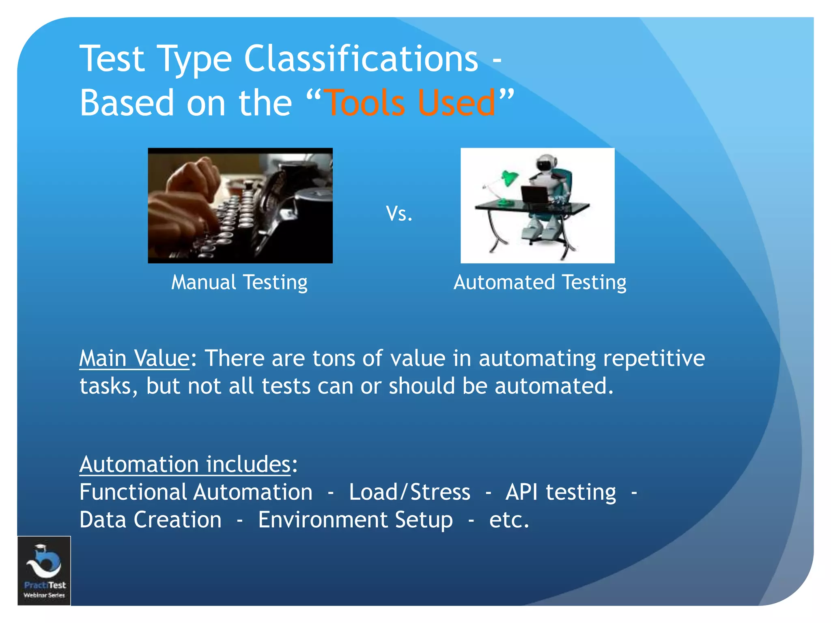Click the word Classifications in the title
(x=361, y=59)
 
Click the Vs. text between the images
(x=399, y=214)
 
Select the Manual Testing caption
(x=239, y=283)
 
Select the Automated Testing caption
(x=540, y=283)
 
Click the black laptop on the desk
(x=535, y=195)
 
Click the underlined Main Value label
(x=134, y=359)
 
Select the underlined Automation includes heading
(x=185, y=464)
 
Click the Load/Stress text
(x=409, y=492)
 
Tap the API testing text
(x=560, y=492)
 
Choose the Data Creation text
(x=151, y=520)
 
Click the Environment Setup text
(x=355, y=520)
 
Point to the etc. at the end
(x=509, y=520)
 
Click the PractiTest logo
(x=44, y=570)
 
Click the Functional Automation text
(x=196, y=492)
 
